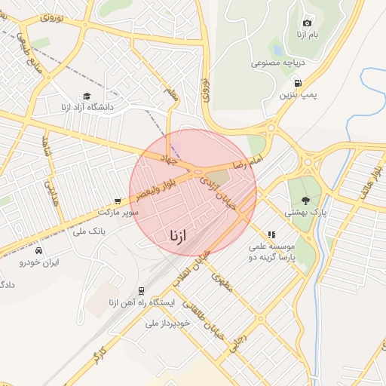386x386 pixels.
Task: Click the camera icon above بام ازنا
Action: point(306,23)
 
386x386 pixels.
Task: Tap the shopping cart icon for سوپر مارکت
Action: point(117,201)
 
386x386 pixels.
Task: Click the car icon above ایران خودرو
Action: point(38,250)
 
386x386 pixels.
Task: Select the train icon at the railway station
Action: point(141,291)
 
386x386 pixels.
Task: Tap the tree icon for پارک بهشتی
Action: point(305,201)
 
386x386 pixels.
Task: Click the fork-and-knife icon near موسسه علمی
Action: point(271,235)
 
